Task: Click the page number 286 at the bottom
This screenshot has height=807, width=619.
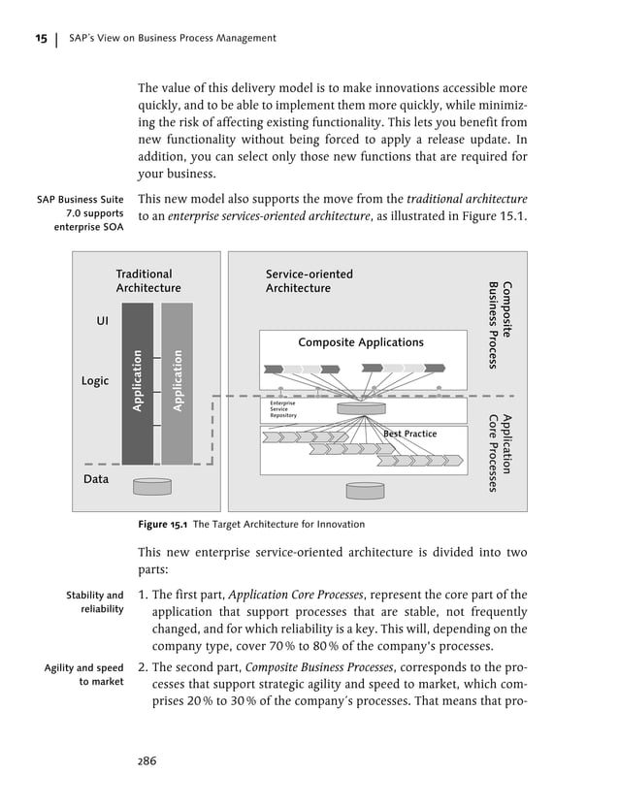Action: click(147, 759)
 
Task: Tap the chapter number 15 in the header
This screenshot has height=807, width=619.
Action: click(42, 38)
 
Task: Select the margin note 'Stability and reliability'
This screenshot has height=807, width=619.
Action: click(94, 601)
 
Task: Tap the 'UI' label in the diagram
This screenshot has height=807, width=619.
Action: click(102, 319)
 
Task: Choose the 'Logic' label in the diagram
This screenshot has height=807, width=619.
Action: click(94, 381)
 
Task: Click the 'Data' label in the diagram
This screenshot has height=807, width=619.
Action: click(95, 479)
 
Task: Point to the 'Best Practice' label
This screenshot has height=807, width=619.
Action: click(409, 434)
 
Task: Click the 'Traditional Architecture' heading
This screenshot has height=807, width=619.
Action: click(147, 281)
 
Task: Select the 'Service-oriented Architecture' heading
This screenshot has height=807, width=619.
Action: click(309, 281)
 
